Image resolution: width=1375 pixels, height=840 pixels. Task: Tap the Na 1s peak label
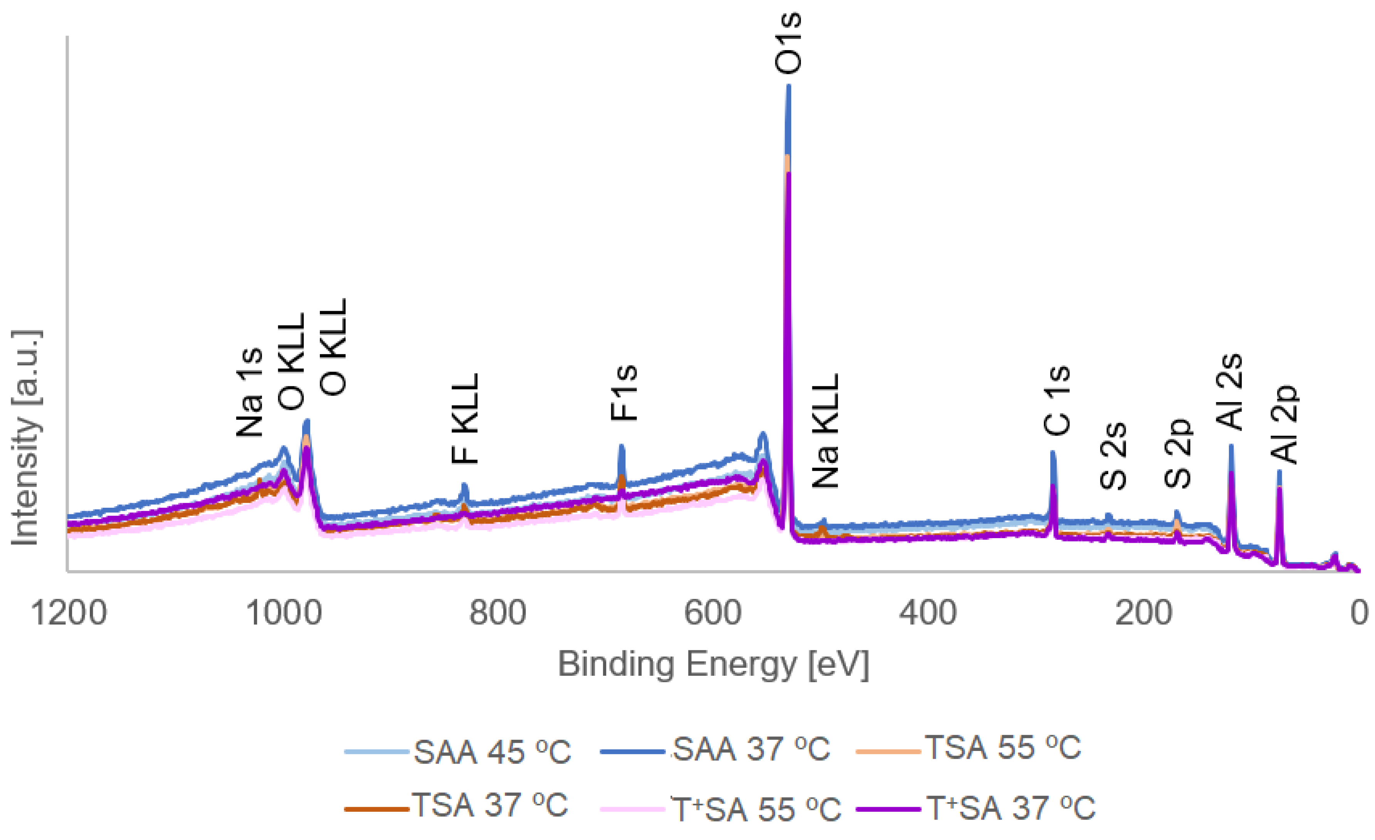249,392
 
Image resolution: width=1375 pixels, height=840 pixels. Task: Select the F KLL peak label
465,419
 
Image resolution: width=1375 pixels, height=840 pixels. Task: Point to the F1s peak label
624,392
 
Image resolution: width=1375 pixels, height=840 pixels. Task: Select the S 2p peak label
1178,453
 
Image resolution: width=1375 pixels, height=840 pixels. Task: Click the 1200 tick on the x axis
69,613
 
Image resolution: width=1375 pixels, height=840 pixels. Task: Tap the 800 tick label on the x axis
497,613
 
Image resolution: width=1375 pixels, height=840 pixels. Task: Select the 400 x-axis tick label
928,613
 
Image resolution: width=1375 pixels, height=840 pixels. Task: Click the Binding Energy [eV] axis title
713,664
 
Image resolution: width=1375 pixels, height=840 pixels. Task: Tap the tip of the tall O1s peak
788,86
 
